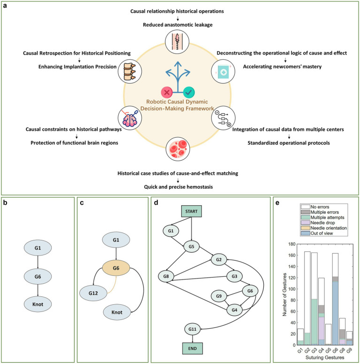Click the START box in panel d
[191, 211]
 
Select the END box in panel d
[192, 349]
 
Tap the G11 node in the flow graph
[192, 329]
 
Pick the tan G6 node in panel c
[116, 268]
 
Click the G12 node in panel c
[93, 293]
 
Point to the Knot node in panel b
[38, 304]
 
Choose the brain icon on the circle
[130, 118]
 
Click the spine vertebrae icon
[130, 71]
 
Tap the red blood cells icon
[178, 149]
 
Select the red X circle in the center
[167, 93]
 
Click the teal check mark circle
[189, 93]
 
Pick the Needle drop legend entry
[318, 223]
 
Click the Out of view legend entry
[317, 233]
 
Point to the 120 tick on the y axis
[291, 278]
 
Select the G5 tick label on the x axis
[328, 350]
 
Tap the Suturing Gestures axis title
[325, 357]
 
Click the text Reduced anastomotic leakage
[178, 25]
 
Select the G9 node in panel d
[219, 296]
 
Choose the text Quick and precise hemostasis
[178, 187]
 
